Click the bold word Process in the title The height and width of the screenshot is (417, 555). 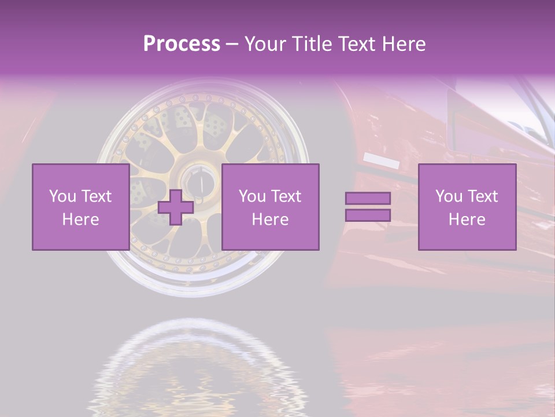point(182,44)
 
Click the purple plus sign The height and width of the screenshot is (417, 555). point(176,207)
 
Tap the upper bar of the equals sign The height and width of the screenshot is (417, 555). point(368,198)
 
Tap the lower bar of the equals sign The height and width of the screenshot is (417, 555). point(368,215)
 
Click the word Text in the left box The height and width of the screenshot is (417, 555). point(97,196)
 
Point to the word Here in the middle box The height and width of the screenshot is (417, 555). point(270,220)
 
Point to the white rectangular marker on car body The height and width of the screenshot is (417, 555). point(382,161)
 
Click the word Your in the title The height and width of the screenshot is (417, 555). point(265,44)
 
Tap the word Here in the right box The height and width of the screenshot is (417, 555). point(467,220)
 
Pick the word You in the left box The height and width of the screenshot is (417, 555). point(62,196)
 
